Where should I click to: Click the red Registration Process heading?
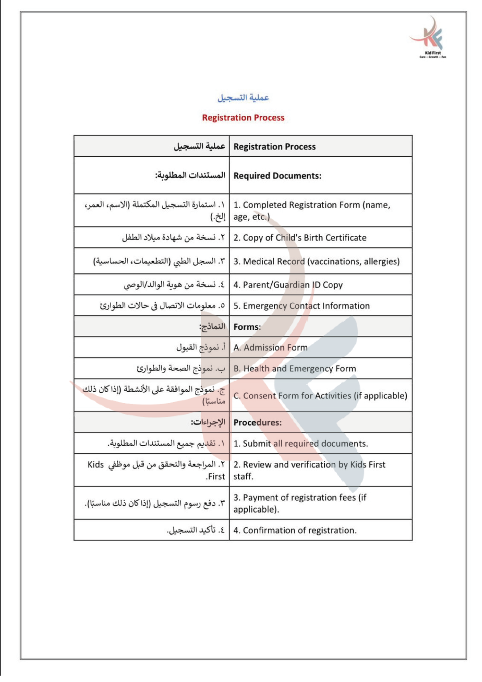pos(243,118)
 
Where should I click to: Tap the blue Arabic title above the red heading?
pos(243,98)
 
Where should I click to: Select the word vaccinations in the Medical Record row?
pos(334,261)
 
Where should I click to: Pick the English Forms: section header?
pos(247,327)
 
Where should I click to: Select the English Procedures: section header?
pos(257,423)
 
